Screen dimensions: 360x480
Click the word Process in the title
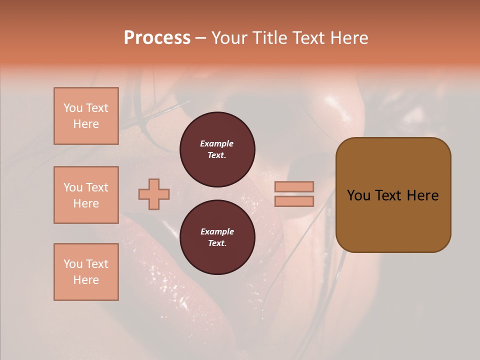click(157, 38)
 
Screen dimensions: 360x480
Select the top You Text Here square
click(86, 116)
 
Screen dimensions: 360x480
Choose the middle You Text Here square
click(86, 195)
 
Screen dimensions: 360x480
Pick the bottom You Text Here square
click(86, 272)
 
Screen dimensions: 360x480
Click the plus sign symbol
click(154, 194)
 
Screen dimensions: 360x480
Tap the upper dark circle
click(217, 149)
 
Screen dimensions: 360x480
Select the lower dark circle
click(217, 237)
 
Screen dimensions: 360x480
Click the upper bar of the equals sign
click(294, 186)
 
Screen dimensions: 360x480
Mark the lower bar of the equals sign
click(294, 201)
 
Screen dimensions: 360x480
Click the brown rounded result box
click(393, 195)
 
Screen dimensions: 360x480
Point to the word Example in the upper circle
click(217, 143)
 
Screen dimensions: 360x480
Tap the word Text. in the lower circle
click(217, 243)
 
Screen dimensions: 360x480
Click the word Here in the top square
click(86, 124)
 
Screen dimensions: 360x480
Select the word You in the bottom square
click(73, 264)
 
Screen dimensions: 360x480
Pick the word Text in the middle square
click(97, 187)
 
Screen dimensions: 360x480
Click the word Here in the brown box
click(422, 195)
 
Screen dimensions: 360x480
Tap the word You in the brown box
click(359, 195)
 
